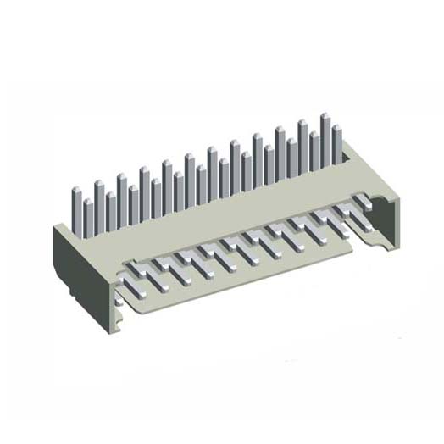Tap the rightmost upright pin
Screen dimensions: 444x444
pos(336,146)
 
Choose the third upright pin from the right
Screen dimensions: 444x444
pos(314,157)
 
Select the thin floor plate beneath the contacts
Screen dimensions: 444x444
pos(254,271)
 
